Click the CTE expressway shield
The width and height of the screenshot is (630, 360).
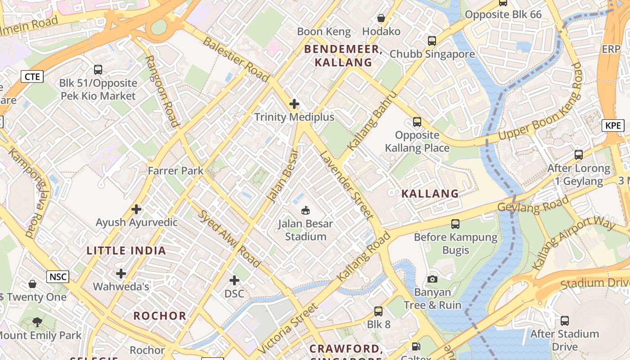tap(32, 76)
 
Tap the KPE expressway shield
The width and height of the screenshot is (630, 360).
tap(613, 125)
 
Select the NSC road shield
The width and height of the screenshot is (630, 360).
tap(58, 276)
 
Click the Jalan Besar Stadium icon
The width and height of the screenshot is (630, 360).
tap(306, 210)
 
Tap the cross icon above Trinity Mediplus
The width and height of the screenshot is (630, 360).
tap(294, 104)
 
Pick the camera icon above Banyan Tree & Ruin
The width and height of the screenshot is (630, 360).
tap(432, 279)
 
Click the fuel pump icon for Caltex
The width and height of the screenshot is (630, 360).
tap(417, 347)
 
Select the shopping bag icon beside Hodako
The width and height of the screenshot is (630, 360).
tap(381, 18)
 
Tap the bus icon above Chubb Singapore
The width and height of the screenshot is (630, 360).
tap(432, 41)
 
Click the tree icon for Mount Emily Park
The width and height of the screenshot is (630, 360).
tap(37, 322)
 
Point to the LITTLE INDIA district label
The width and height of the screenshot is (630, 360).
tap(126, 251)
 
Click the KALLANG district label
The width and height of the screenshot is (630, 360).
tap(430, 194)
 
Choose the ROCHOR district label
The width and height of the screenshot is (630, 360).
tap(160, 316)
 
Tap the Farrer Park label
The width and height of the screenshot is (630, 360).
tap(176, 171)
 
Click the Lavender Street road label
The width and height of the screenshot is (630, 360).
tap(346, 185)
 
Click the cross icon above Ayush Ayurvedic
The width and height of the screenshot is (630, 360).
tap(136, 209)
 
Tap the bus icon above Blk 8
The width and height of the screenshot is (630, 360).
tap(378, 311)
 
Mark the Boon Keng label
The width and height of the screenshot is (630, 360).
tap(324, 31)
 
